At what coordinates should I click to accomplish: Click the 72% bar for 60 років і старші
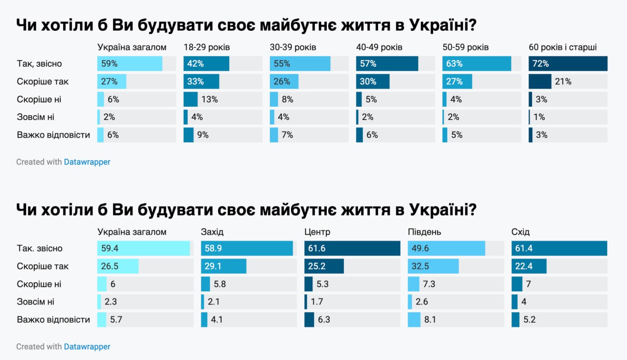568,64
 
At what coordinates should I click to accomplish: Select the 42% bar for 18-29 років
206,64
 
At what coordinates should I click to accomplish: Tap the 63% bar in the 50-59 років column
477,64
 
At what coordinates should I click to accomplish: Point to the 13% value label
210,99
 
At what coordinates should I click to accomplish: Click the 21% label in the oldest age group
563,81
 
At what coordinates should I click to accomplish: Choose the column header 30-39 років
293,48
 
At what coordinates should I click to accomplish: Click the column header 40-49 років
379,48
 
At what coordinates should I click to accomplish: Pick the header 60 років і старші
562,48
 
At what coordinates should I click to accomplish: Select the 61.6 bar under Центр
352,248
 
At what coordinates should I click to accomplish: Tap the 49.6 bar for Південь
446,248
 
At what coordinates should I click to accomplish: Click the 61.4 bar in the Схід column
559,248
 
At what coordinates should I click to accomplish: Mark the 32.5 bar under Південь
434,266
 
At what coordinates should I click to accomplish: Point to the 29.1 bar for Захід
223,266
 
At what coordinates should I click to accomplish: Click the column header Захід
212,232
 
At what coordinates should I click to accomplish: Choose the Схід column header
520,232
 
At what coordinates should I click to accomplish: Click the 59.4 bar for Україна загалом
144,248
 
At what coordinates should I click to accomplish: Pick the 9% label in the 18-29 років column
203,135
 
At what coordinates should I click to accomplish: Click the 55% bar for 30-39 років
300,64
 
